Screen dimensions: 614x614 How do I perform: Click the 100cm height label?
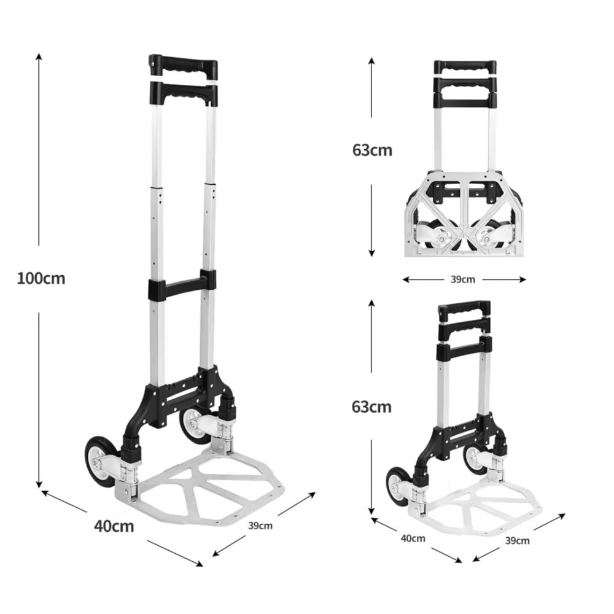click(x=41, y=279)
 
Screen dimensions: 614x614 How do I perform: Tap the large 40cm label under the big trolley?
click(x=114, y=526)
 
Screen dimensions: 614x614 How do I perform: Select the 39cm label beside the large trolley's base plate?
click(x=260, y=526)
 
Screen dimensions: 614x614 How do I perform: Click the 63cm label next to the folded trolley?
click(x=373, y=150)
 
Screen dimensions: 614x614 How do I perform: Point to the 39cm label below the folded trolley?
click(x=463, y=279)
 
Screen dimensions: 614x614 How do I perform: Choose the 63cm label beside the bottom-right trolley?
click(x=371, y=407)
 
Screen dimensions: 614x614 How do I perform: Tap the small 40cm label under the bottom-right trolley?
click(x=413, y=538)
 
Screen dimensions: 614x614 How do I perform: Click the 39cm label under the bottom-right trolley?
click(x=517, y=541)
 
